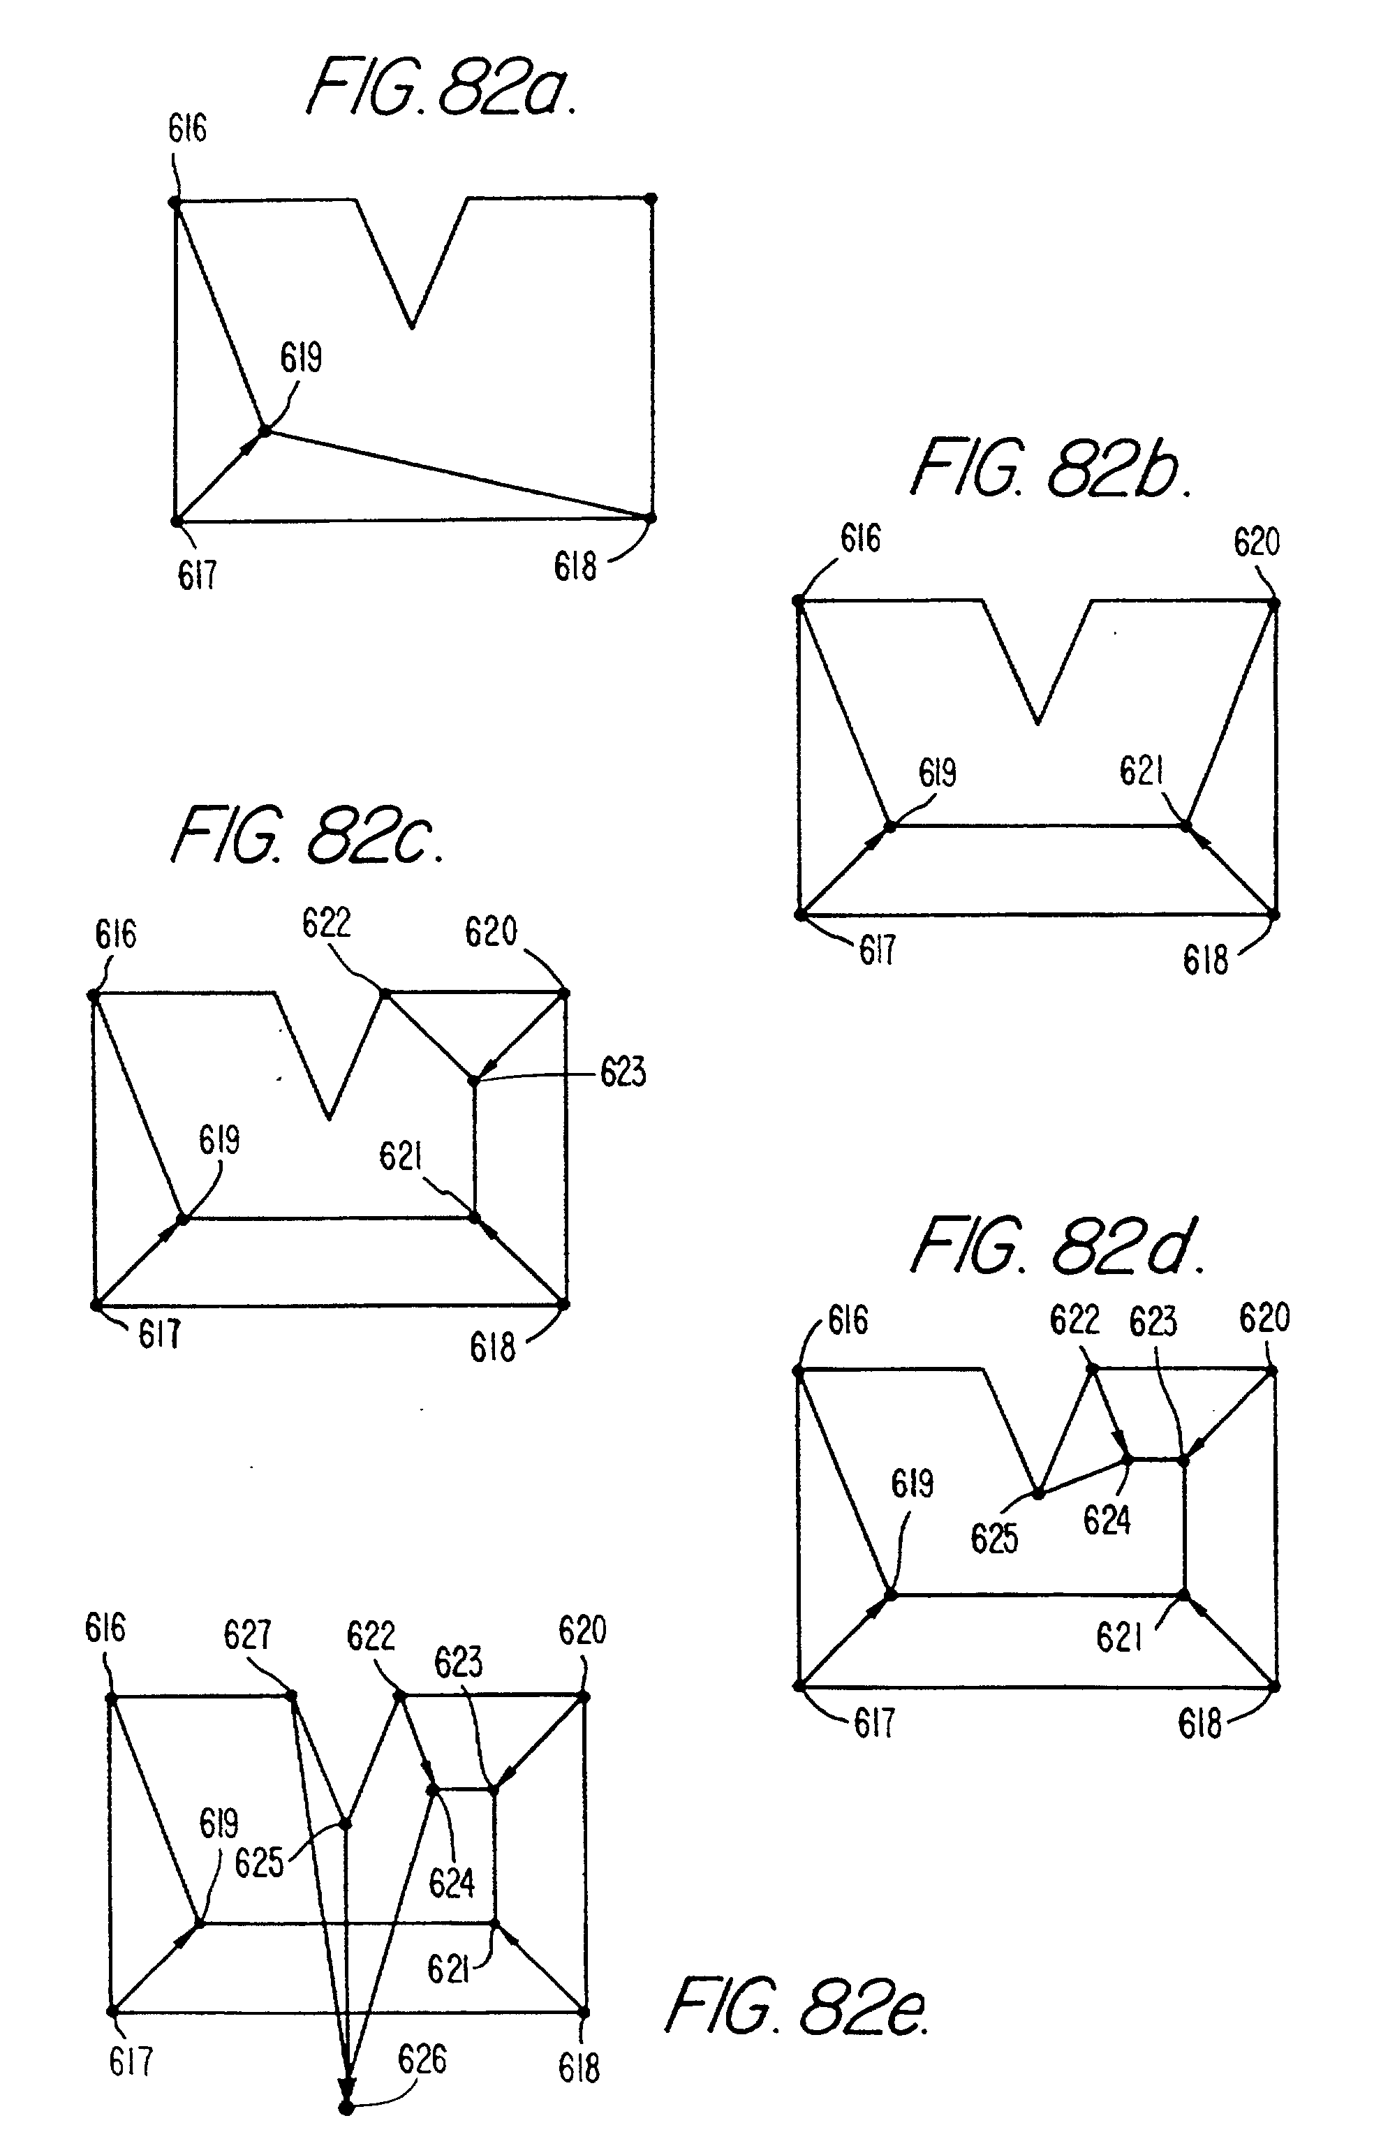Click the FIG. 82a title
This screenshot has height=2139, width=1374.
(x=442, y=87)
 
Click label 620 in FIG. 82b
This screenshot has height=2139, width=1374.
(x=1256, y=542)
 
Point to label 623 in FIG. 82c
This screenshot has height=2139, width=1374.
(x=623, y=1072)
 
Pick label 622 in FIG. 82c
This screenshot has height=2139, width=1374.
(x=327, y=922)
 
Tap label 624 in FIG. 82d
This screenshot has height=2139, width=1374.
(x=1107, y=1519)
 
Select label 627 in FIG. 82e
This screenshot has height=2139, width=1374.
(x=247, y=1634)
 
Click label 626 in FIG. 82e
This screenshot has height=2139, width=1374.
(x=422, y=2059)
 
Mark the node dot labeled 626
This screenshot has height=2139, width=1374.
(x=346, y=2108)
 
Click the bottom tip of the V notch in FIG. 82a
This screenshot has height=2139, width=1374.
(x=411, y=327)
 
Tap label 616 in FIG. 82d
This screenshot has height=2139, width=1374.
(x=848, y=1320)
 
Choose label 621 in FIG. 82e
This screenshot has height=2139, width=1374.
(x=448, y=1969)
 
